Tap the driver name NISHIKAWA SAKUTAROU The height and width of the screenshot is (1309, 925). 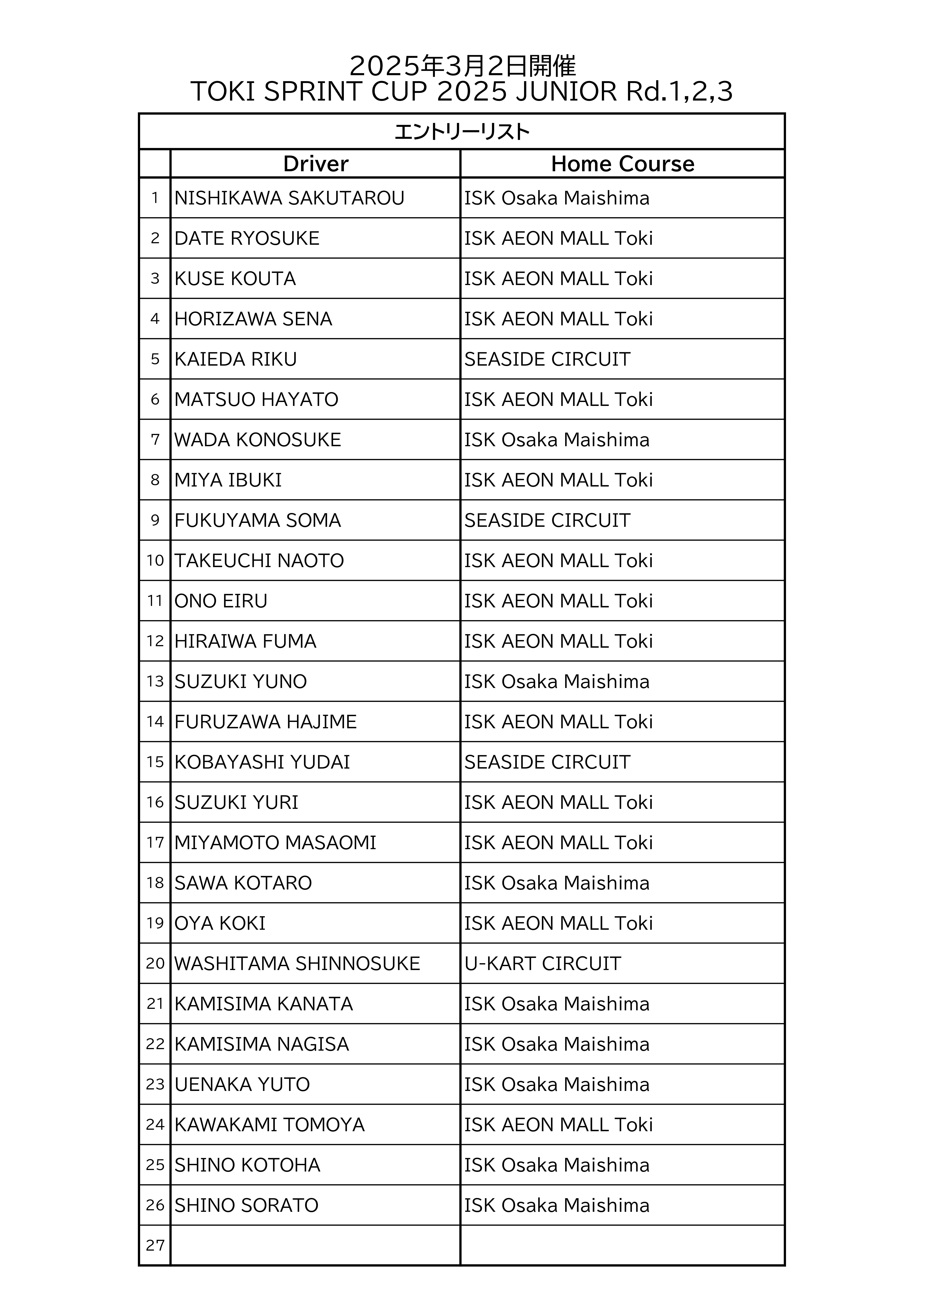coord(289,198)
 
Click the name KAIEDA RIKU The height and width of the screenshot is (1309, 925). coord(235,359)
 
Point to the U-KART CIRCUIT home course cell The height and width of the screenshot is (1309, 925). coord(542,964)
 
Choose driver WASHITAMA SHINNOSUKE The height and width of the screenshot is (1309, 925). coord(297,964)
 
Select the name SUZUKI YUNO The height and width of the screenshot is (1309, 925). coord(241,682)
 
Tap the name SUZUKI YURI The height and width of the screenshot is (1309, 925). coord(236,803)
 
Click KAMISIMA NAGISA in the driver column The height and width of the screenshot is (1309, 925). coord(262,1044)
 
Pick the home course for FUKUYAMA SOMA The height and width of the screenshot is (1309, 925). coord(547,520)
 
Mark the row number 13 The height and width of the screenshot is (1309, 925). coord(155,682)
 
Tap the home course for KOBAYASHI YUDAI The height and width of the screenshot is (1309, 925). coord(547,762)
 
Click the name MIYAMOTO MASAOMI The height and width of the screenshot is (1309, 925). coord(275,843)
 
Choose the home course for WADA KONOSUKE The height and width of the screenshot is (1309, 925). coord(557,440)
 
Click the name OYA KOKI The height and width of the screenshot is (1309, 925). coord(220,924)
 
